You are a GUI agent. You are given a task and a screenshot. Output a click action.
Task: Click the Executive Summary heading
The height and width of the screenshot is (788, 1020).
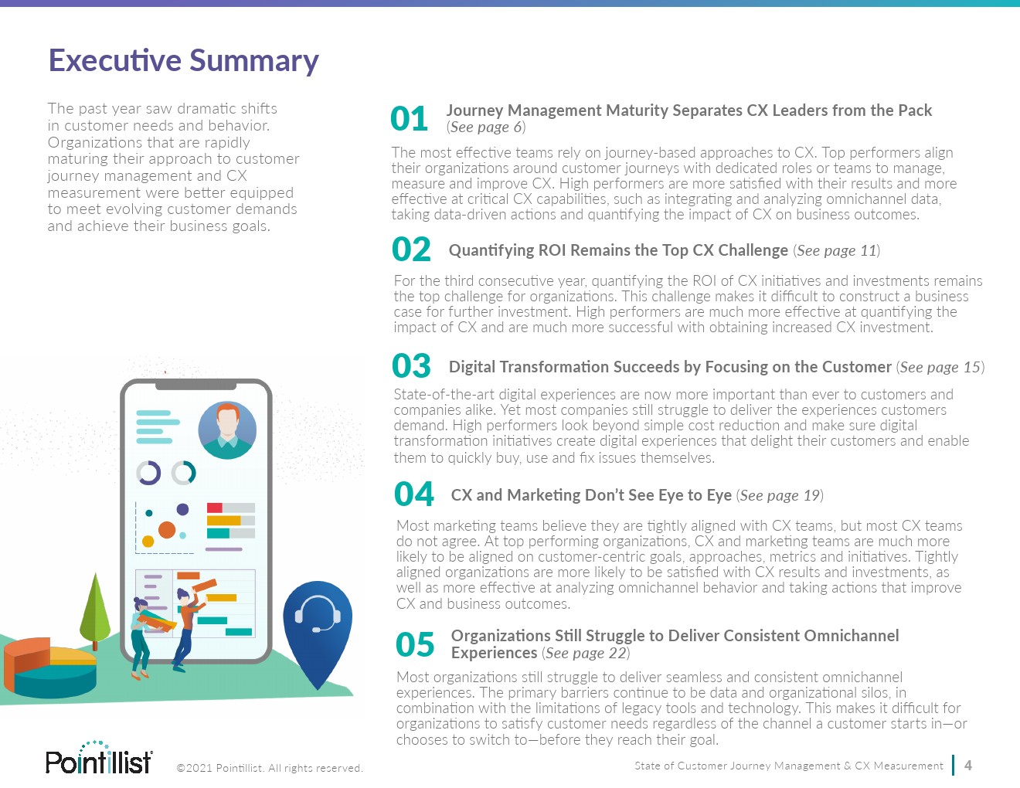point(184,61)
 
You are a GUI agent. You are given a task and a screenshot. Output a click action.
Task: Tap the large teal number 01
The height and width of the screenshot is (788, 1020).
point(409,118)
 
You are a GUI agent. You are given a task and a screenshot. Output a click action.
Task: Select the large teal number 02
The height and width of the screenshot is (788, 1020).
point(411,250)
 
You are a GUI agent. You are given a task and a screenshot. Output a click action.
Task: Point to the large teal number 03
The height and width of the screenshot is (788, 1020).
point(411,365)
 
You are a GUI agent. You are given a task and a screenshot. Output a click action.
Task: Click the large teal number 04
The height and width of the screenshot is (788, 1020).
point(414,494)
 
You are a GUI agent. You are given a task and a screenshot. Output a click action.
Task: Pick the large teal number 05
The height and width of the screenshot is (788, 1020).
point(415,644)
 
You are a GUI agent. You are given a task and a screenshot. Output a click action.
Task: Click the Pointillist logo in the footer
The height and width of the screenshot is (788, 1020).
point(99,758)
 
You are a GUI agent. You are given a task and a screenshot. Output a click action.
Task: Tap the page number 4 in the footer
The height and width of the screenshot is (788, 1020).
point(968,766)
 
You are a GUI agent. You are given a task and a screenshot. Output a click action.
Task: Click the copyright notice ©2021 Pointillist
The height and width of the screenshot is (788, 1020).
point(270,768)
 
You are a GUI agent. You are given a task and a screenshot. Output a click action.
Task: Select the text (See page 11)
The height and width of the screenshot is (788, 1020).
point(836,250)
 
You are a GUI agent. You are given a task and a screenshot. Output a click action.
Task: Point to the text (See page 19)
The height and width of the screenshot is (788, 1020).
point(780,495)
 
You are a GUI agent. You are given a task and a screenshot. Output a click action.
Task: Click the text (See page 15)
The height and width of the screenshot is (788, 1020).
point(940,367)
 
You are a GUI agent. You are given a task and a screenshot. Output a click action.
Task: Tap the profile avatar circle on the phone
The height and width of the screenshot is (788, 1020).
point(227,430)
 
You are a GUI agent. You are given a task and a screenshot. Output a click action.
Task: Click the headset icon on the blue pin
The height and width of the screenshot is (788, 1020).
point(318,614)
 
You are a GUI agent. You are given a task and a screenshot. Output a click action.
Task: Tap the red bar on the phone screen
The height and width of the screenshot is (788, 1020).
point(215,508)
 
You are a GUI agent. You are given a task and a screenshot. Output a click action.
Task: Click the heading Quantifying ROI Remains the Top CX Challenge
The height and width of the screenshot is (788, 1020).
point(618,250)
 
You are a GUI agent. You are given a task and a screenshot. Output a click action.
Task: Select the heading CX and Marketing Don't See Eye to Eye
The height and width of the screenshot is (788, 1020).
point(591,495)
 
